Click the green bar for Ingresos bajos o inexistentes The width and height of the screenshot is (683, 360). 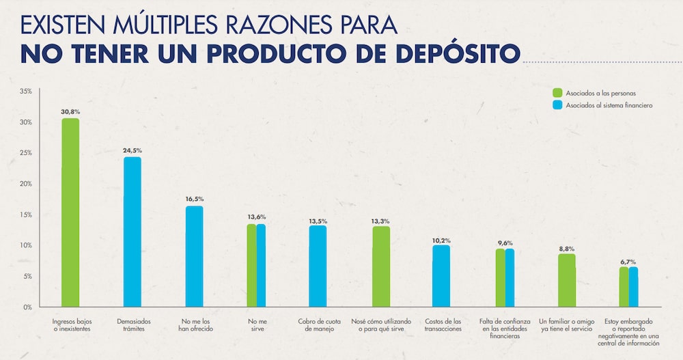coord(70,212)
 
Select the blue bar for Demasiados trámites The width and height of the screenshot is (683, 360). coord(132,232)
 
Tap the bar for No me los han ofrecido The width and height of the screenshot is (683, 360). coord(194,256)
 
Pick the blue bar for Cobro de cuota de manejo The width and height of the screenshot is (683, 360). coord(318,266)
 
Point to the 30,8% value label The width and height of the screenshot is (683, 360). coord(70,111)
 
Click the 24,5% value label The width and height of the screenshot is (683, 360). coord(133,150)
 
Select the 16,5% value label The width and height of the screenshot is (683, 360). coord(194,199)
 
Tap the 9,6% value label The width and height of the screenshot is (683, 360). coord(505,243)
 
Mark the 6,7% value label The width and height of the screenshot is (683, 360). coord(628,261)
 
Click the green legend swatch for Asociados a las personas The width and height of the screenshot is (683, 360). coord(557,92)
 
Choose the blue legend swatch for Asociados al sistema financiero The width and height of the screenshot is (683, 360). coord(557,105)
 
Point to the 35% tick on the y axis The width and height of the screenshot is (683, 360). coord(25,91)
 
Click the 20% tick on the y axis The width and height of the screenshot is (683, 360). coord(25,184)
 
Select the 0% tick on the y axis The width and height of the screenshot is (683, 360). coord(27,307)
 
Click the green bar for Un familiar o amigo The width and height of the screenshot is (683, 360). coord(566,280)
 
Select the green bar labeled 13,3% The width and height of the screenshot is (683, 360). coord(380,266)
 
